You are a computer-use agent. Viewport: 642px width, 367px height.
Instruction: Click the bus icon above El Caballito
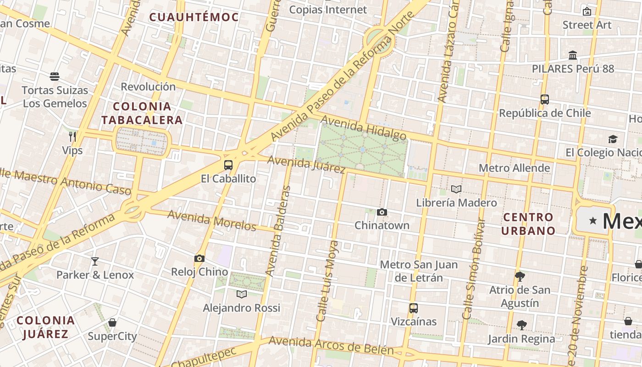pyautogui.click(x=228, y=165)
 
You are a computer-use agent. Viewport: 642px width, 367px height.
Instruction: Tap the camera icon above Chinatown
pyautogui.click(x=382, y=212)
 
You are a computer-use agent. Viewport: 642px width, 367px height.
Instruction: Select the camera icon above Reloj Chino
pyautogui.click(x=199, y=259)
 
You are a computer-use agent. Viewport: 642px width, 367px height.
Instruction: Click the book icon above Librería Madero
pyautogui.click(x=456, y=189)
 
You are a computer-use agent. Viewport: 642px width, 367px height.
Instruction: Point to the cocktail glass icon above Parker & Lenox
pyautogui.click(x=95, y=261)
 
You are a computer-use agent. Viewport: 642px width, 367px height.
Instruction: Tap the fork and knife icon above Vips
pyautogui.click(x=72, y=136)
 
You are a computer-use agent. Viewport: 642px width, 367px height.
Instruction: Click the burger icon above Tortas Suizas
pyautogui.click(x=55, y=76)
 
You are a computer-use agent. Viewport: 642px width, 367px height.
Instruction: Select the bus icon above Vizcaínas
pyautogui.click(x=413, y=308)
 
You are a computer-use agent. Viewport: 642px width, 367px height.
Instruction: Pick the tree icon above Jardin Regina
pyautogui.click(x=521, y=325)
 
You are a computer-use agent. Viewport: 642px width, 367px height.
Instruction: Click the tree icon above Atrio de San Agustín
pyautogui.click(x=520, y=276)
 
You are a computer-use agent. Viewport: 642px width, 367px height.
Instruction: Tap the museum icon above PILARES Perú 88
pyautogui.click(x=573, y=55)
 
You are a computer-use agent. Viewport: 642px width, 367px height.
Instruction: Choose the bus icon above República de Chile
pyautogui.click(x=545, y=99)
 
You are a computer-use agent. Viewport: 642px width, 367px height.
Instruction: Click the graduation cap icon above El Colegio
pyautogui.click(x=613, y=139)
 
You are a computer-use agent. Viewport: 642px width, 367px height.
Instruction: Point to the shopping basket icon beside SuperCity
pyautogui.click(x=112, y=323)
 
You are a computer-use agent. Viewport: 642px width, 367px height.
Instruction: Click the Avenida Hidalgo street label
pyautogui.click(x=364, y=128)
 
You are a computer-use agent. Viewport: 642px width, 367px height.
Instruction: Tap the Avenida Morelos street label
pyautogui.click(x=211, y=220)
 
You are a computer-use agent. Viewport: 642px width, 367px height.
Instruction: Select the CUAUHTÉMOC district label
pyautogui.click(x=194, y=17)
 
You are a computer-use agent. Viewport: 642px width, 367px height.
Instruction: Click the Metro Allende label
pyautogui.click(x=514, y=168)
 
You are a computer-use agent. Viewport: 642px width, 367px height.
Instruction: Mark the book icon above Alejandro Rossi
pyautogui.click(x=242, y=294)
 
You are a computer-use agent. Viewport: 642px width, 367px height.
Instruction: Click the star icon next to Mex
pyautogui.click(x=593, y=221)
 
